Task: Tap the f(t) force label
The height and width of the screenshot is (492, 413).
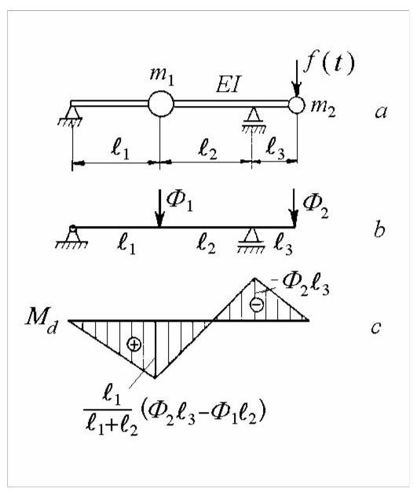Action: (x=328, y=64)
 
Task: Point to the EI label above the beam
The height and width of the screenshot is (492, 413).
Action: (x=228, y=84)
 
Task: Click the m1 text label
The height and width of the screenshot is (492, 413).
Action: (x=162, y=75)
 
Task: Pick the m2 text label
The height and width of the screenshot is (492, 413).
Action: (x=323, y=108)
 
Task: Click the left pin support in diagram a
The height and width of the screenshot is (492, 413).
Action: (x=72, y=116)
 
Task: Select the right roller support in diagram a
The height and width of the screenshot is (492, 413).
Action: (x=253, y=121)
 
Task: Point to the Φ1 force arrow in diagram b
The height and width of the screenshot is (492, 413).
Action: (x=160, y=208)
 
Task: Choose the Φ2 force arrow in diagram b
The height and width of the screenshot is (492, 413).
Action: (x=294, y=208)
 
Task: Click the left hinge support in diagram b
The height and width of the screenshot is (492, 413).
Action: (x=72, y=237)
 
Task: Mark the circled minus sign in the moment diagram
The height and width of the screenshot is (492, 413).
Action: (x=257, y=304)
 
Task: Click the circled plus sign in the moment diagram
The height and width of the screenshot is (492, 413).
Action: (x=133, y=344)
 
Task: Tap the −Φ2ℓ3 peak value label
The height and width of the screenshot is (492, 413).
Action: (x=304, y=284)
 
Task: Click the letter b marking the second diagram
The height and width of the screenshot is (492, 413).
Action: (x=379, y=230)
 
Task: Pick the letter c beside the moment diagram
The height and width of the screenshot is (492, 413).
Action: (x=376, y=328)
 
